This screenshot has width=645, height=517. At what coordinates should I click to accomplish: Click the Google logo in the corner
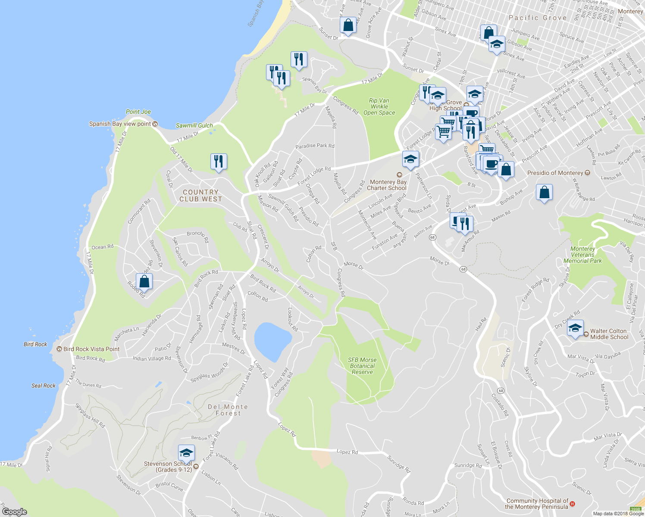14,511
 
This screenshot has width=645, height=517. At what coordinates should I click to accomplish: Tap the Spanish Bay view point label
120,124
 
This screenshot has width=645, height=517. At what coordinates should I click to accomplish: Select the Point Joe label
138,112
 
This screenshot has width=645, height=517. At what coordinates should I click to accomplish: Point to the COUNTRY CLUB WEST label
200,196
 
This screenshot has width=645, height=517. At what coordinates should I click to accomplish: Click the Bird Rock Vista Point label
91,349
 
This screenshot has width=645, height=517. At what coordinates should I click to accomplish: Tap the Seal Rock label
44,386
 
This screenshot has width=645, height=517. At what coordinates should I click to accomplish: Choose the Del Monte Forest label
228,410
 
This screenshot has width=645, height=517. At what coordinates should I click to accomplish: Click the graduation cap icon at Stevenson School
186,453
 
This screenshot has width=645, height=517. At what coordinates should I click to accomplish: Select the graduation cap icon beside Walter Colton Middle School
575,328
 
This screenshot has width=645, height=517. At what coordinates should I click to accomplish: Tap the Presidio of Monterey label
555,173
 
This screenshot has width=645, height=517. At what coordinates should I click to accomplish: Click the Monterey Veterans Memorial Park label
582,255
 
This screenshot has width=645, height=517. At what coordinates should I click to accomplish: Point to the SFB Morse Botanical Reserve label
362,366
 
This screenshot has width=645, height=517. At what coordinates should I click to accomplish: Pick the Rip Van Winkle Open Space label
379,106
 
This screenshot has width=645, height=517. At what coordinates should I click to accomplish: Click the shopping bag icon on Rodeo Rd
144,282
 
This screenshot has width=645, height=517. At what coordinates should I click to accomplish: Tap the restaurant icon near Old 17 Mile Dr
219,162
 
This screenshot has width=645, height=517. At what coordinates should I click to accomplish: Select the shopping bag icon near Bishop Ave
544,192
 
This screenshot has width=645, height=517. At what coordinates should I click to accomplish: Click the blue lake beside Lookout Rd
272,341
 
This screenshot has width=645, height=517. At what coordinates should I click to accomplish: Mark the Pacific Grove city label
538,18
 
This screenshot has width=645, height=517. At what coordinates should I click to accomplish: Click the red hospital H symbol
572,504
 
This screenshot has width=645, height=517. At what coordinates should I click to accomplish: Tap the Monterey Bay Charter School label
388,185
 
